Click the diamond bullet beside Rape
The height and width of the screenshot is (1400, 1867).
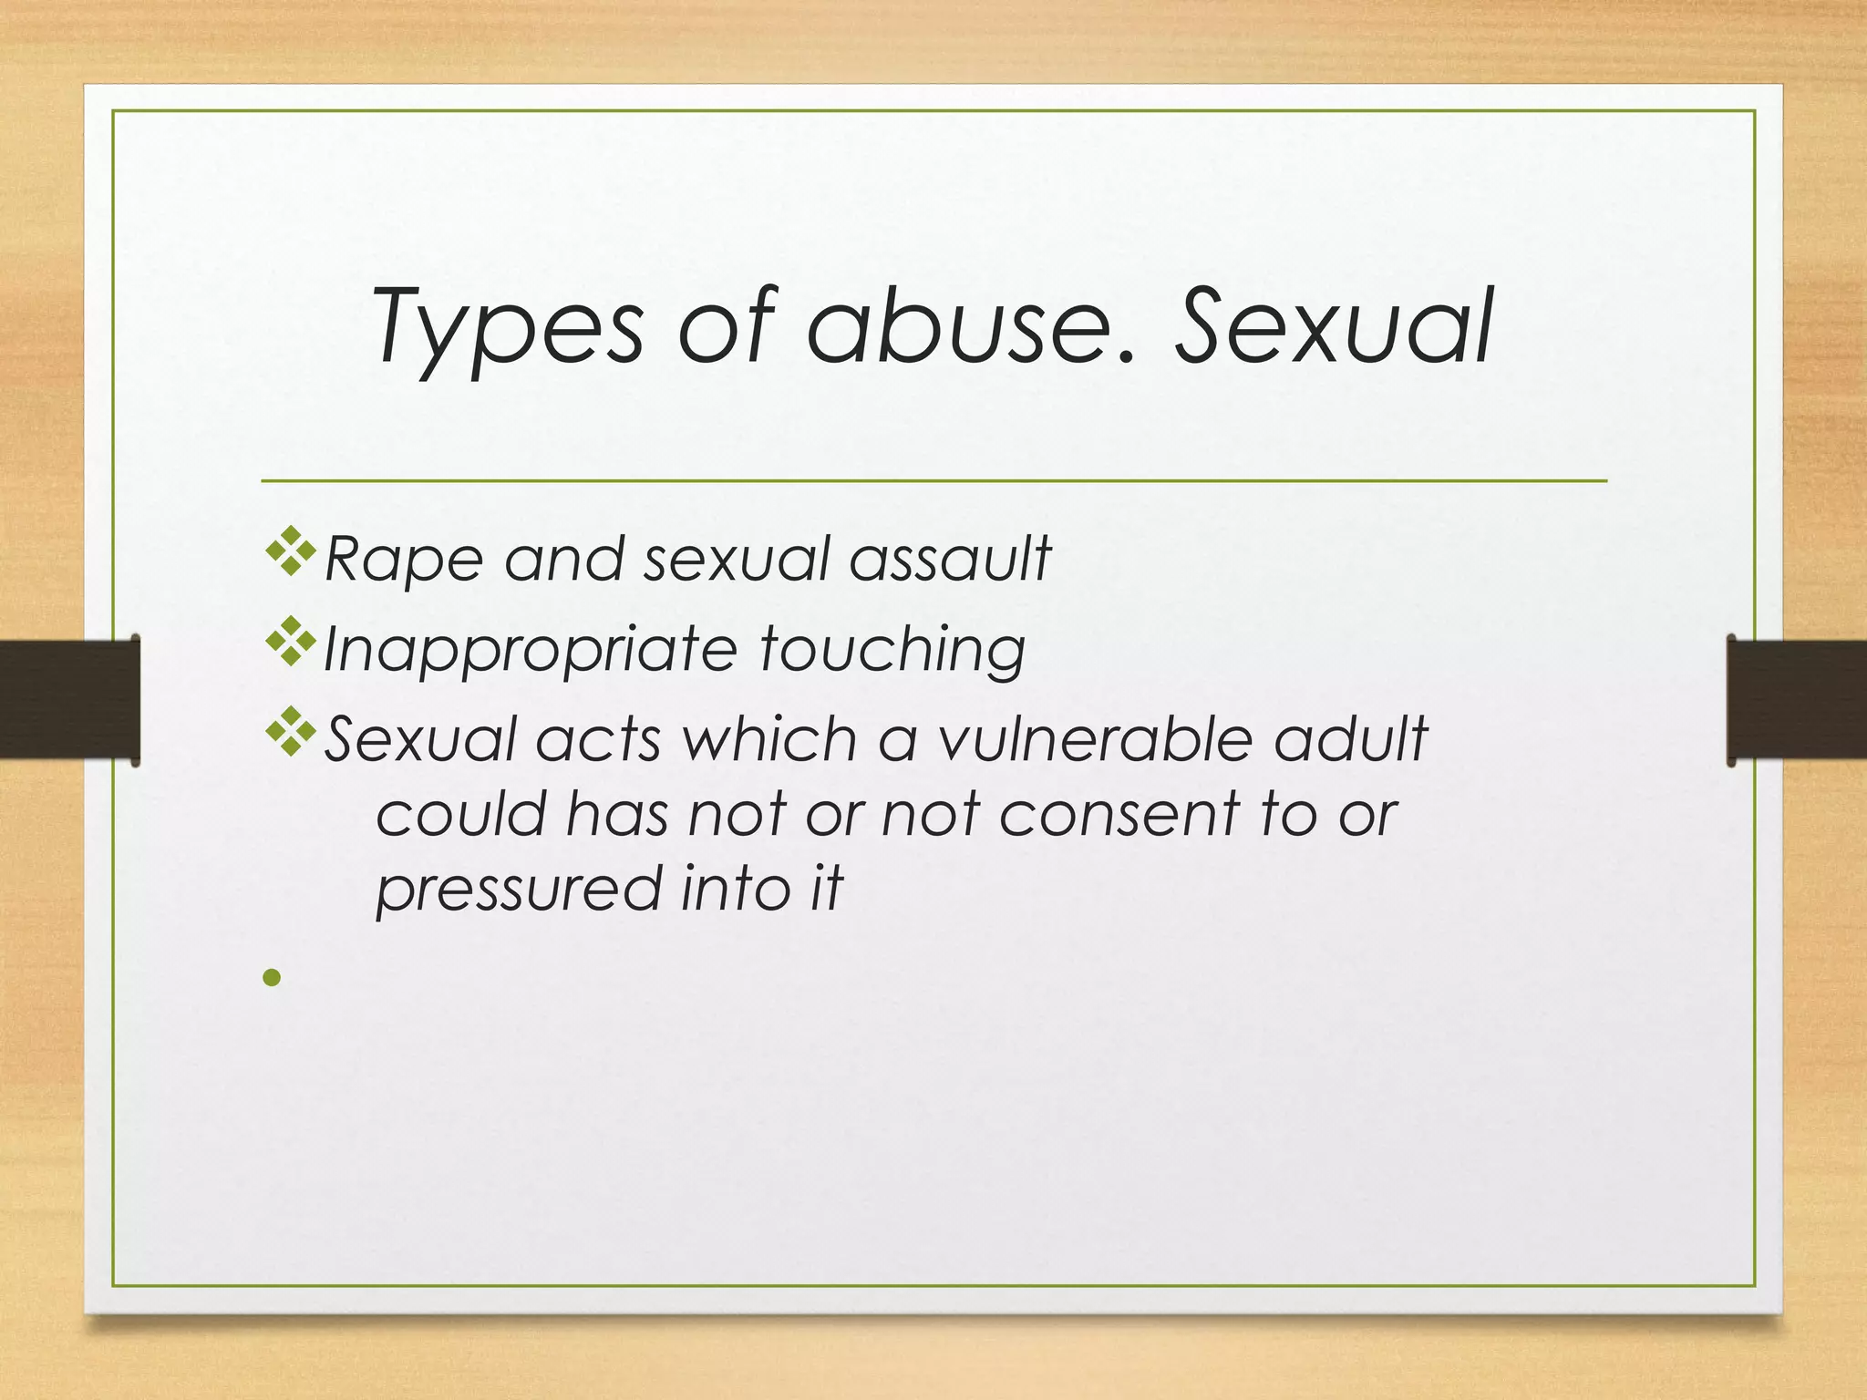(x=291, y=551)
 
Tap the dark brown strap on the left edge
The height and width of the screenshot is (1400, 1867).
(x=69, y=699)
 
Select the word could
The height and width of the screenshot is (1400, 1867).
(x=460, y=814)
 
